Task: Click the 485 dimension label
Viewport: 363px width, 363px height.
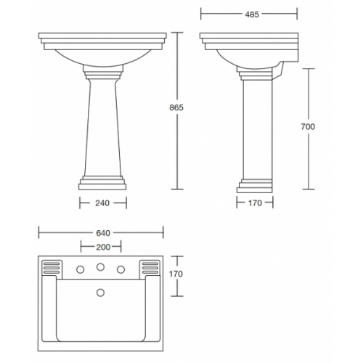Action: [249, 14]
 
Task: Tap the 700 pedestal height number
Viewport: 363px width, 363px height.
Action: [308, 128]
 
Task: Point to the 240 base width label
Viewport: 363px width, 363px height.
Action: [102, 205]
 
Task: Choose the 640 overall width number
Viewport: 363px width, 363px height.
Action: [102, 233]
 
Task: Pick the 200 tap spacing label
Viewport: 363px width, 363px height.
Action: [102, 247]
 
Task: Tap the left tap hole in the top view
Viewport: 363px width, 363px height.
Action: [78, 269]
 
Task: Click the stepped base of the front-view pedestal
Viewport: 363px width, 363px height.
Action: [102, 182]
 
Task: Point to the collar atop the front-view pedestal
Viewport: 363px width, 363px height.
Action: [102, 73]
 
